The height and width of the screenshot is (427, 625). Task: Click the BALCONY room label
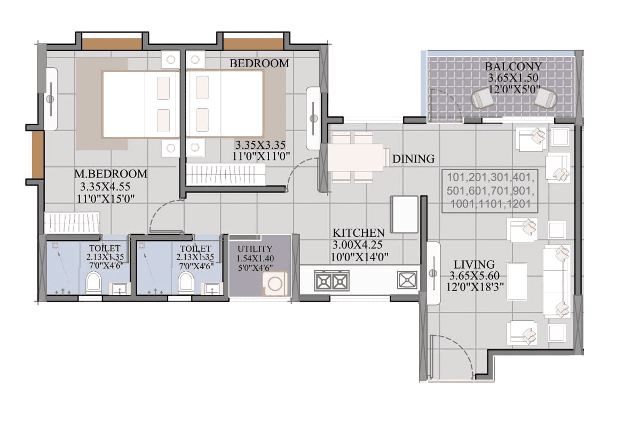pyautogui.click(x=513, y=67)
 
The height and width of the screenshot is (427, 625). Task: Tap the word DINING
pyautogui.click(x=413, y=159)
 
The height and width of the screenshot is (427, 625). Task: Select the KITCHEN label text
pyautogui.click(x=359, y=233)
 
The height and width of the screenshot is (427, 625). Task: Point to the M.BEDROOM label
pyautogui.click(x=110, y=174)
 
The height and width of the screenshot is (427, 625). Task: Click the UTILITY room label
pyautogui.click(x=255, y=249)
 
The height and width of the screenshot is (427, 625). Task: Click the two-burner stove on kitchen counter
pyautogui.click(x=331, y=280)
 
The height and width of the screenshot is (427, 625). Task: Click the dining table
pyautogui.click(x=355, y=157)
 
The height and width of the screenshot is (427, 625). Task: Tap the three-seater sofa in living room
pyautogui.click(x=557, y=281)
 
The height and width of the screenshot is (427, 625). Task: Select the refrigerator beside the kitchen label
pyautogui.click(x=405, y=214)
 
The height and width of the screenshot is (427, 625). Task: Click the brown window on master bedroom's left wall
pyautogui.click(x=37, y=154)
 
